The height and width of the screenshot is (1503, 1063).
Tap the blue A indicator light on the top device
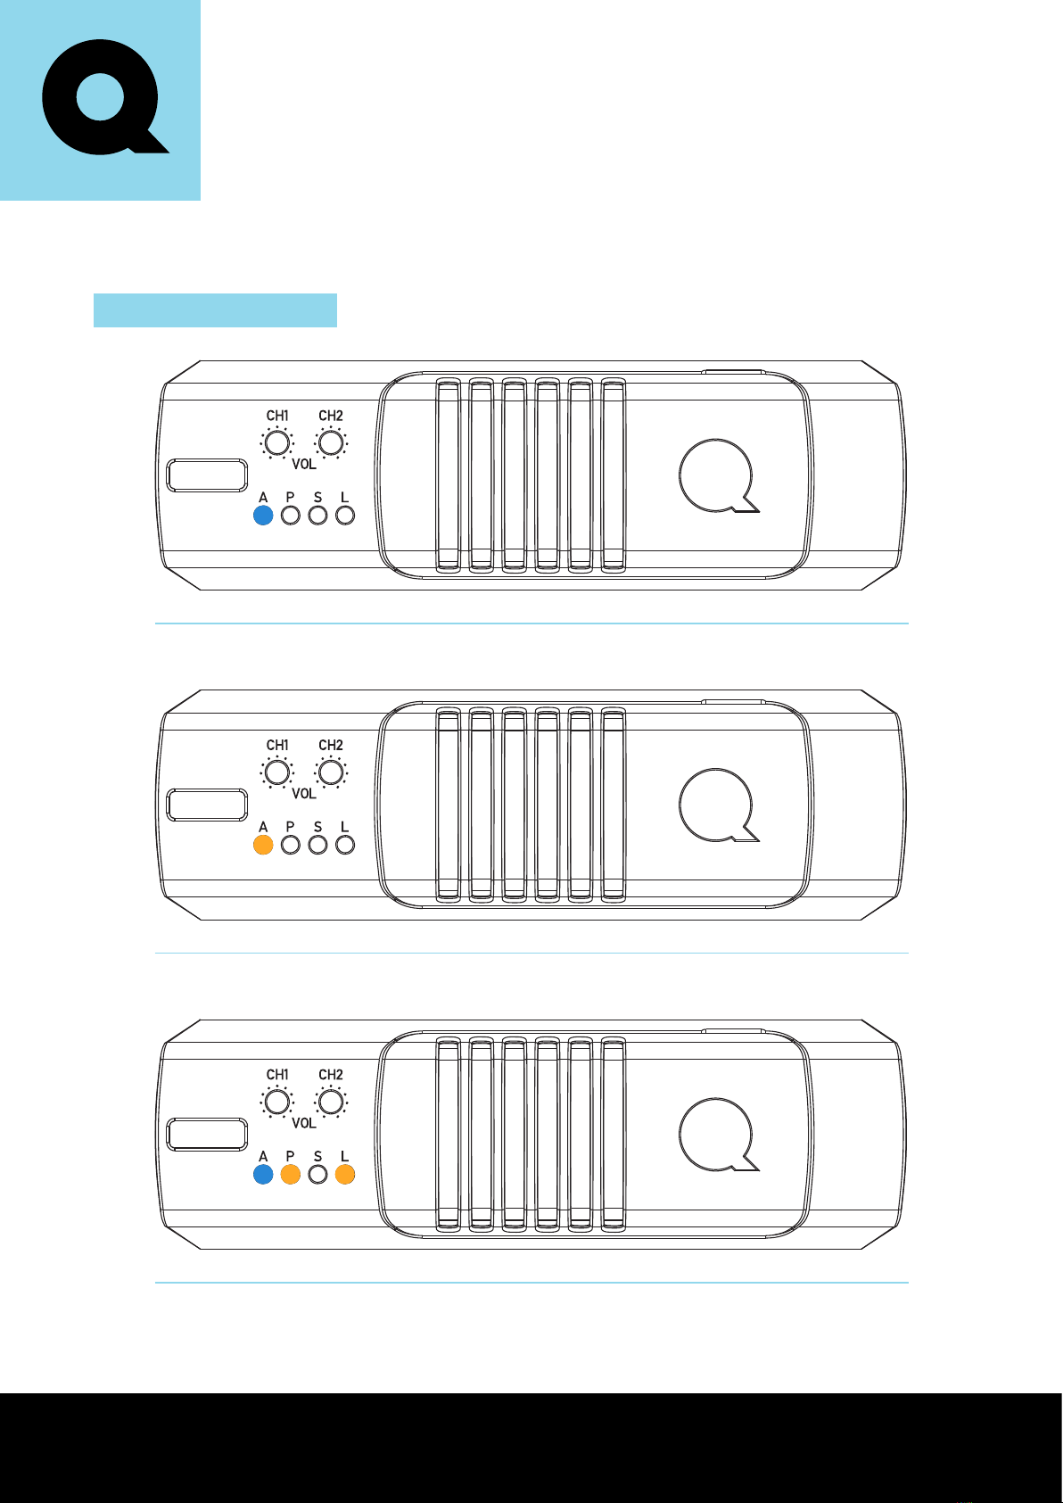tap(263, 516)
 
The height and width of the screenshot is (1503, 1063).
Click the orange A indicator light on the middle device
tap(263, 845)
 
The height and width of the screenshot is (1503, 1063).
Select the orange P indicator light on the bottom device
tap(290, 1175)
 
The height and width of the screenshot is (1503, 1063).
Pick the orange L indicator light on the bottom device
tap(345, 1175)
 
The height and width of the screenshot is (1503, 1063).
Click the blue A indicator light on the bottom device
tap(263, 1175)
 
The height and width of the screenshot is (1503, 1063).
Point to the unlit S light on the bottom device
tap(317, 1175)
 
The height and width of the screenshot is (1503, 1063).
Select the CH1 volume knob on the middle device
tap(277, 772)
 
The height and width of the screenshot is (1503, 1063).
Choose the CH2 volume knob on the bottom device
tap(331, 1102)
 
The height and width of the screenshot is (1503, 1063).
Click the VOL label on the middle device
tap(304, 794)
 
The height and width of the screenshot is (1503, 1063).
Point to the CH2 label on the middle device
tap(331, 745)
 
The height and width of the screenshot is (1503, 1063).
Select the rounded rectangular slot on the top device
tap(207, 475)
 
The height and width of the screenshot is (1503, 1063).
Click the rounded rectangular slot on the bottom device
tap(207, 1134)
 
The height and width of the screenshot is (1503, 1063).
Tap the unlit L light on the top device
tap(345, 516)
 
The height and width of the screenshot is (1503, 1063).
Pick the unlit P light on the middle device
tap(290, 845)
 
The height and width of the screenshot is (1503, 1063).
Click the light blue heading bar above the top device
tap(215, 310)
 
